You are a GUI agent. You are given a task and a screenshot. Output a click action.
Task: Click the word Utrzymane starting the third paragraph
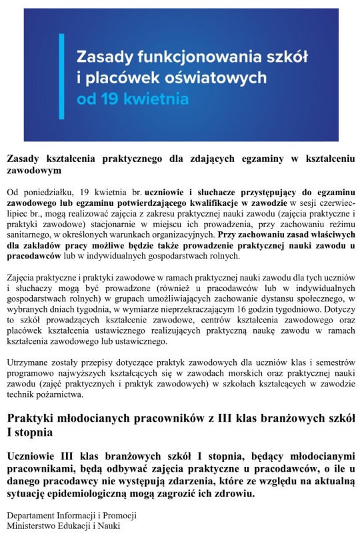point(29,362)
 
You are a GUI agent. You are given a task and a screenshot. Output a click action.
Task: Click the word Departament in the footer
point(32,516)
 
